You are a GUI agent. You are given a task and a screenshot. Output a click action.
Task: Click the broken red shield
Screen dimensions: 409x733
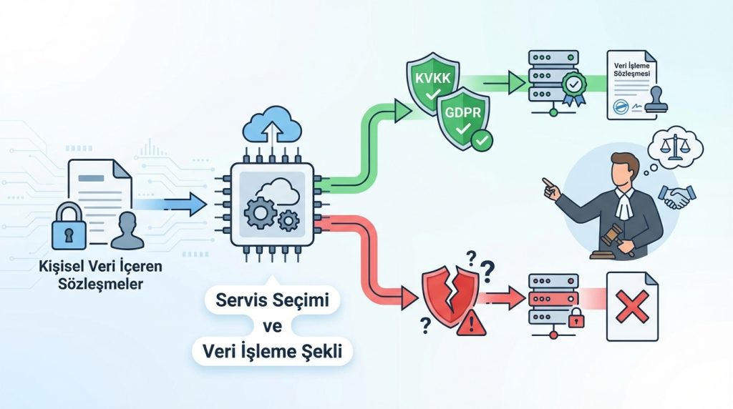446,295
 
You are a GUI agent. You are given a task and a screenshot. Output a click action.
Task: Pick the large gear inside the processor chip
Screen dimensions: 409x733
261,212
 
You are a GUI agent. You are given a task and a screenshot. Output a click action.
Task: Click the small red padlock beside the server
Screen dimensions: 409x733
576,318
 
